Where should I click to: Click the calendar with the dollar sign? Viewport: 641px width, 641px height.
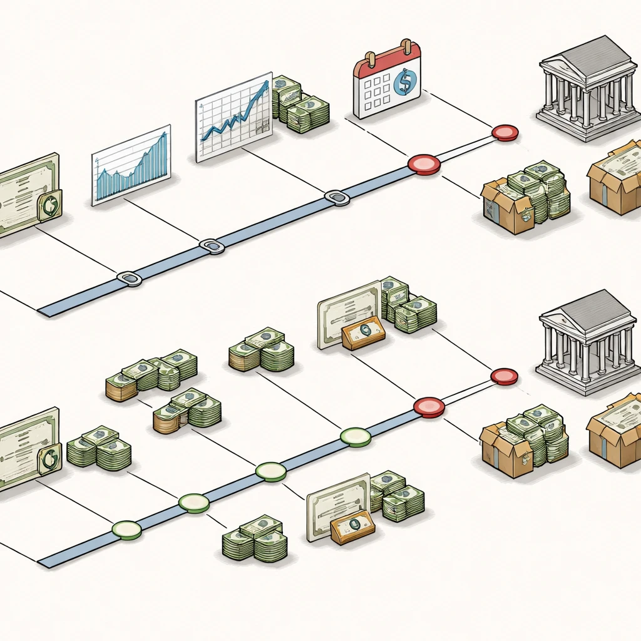pos(386,81)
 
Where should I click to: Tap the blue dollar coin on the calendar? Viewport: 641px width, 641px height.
pos(406,81)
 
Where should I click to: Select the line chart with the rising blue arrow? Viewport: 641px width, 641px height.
pos(233,117)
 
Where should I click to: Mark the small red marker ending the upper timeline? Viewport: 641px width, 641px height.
pos(505,133)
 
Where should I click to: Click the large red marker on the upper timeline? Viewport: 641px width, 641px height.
pos(424,165)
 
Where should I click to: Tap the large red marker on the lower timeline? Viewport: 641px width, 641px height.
pos(429,407)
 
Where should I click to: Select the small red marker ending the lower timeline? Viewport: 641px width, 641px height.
pos(504,376)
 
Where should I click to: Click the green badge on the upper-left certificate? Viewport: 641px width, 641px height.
pos(49,206)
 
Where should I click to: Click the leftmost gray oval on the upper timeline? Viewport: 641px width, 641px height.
pos(130,279)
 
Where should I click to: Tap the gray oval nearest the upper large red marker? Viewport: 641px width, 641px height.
pos(337,198)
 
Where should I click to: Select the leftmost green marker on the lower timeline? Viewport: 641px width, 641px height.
pos(127,530)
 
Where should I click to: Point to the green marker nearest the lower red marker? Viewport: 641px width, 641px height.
pos(356,437)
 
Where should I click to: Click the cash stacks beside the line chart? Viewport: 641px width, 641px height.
pos(299,105)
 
